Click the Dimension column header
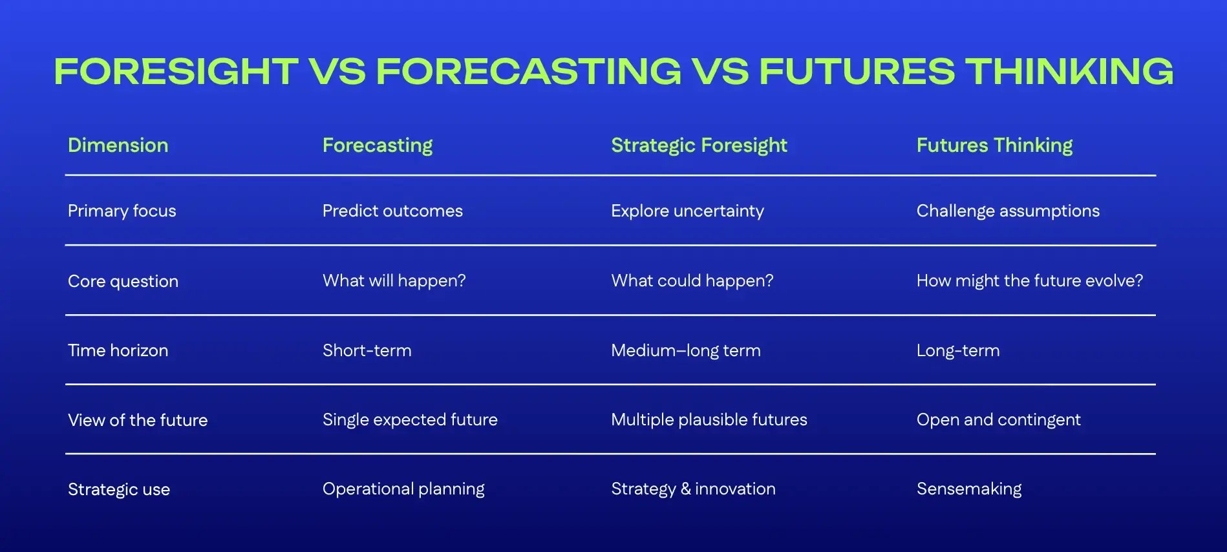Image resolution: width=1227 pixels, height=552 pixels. point(118,145)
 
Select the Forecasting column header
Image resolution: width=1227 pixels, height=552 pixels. point(378,145)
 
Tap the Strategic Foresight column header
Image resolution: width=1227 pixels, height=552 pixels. point(699,145)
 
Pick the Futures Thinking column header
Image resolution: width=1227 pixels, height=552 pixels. point(994,145)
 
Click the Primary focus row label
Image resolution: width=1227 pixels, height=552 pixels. point(122,211)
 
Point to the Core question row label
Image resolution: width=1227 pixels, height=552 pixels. point(123,281)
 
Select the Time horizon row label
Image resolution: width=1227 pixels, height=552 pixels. point(118,350)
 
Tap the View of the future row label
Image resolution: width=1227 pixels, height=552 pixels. point(138,420)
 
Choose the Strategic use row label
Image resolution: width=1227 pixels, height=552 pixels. point(119,489)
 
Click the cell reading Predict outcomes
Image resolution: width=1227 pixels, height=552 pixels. point(392,211)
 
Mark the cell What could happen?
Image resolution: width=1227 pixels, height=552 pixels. point(692,281)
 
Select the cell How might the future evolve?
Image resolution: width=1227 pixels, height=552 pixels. point(1029,281)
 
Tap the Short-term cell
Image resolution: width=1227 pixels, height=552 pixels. point(367,350)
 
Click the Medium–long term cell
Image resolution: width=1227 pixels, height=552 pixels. point(685,350)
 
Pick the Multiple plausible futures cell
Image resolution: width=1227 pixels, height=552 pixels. point(709,419)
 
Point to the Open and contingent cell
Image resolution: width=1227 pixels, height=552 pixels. point(998,419)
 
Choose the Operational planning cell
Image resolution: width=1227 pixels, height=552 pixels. point(403,489)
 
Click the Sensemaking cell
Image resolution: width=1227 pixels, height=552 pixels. point(968,489)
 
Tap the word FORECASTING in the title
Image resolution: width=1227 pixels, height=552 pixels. point(528,71)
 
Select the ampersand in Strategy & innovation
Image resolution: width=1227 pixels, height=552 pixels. point(685,489)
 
